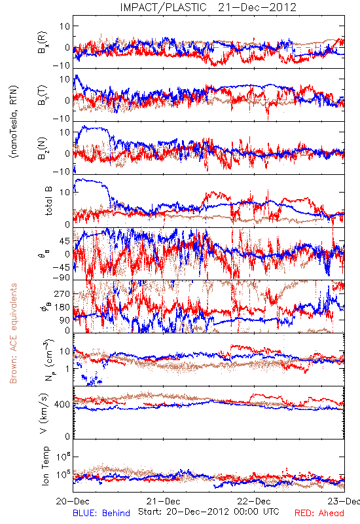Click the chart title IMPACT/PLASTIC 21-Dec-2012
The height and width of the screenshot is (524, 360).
point(208,7)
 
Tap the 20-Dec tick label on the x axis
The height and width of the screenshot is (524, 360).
point(73,501)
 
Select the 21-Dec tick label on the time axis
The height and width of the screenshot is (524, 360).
point(163,501)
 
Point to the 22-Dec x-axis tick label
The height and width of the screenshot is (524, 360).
point(254,501)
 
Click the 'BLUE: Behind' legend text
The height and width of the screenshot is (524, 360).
point(101,513)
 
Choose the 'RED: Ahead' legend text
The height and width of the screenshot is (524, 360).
point(319,513)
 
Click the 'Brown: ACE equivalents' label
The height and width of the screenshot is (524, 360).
point(13,333)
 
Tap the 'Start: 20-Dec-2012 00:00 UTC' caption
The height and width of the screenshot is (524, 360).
point(209,512)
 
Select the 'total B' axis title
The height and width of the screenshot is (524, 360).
point(48,201)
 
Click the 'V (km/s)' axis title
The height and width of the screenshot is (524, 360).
point(44,413)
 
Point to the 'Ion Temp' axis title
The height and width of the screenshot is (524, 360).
point(45,466)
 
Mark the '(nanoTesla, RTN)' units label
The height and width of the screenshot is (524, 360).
point(14,122)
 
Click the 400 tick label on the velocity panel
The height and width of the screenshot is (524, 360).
point(62,404)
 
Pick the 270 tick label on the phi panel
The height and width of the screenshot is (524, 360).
point(62,293)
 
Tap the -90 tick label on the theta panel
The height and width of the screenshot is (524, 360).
point(62,277)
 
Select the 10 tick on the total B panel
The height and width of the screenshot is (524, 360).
point(65,193)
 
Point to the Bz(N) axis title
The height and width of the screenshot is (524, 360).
point(43,148)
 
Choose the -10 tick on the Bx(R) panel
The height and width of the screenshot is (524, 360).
point(62,65)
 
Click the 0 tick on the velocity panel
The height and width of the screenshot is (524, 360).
point(67,436)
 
